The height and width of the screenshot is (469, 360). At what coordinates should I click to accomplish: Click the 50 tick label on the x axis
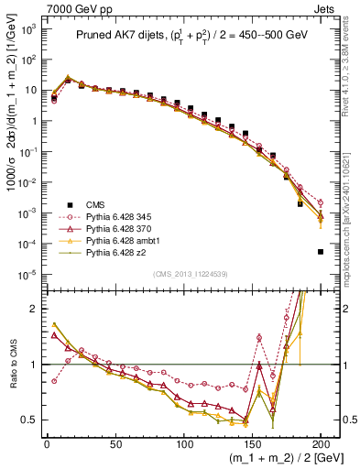pyautogui.click(x=115, y=443)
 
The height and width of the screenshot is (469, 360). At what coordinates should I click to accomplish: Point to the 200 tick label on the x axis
pyautogui.click(x=321, y=443)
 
